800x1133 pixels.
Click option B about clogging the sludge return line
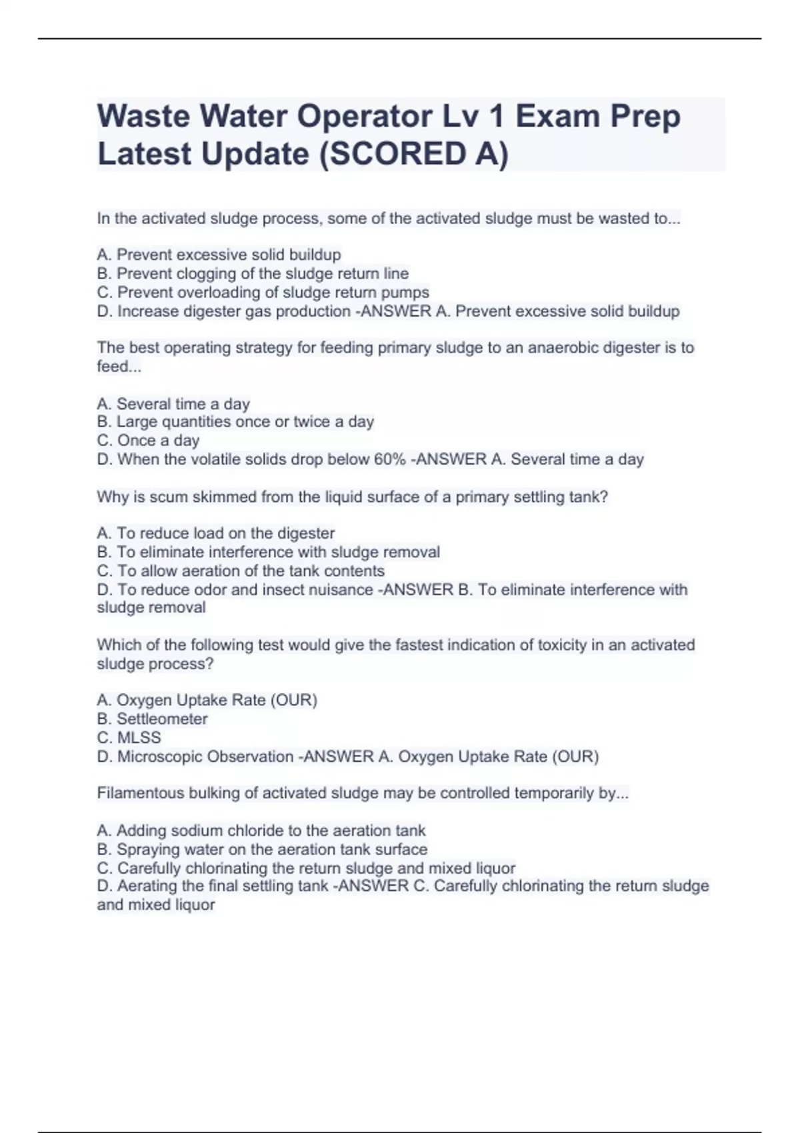253,273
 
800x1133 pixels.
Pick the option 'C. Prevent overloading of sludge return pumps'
263,292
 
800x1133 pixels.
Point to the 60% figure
389,459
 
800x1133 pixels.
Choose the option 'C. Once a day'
148,441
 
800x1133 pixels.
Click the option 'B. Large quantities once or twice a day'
235,422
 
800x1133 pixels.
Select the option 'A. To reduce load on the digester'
215,533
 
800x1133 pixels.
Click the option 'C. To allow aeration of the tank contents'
241,570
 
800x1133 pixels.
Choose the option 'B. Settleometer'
152,718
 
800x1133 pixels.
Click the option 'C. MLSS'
129,737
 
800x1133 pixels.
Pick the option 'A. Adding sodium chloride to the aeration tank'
261,830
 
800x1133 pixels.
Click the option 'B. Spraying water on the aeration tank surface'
262,849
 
